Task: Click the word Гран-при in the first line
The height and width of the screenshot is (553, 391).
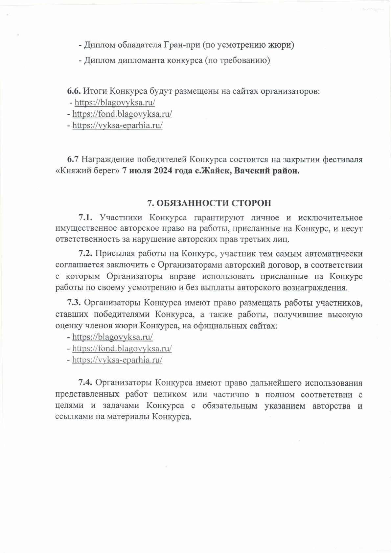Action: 182,45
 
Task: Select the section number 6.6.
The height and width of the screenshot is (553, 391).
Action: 74,91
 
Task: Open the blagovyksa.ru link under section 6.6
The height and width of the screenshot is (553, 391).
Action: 115,103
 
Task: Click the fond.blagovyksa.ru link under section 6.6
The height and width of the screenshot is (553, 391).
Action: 122,114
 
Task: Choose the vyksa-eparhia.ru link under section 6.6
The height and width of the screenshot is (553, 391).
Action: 117,125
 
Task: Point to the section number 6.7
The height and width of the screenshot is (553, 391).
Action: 73,159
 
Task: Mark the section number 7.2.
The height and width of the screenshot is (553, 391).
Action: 85,254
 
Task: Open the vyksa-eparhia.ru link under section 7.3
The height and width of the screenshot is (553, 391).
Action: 117,360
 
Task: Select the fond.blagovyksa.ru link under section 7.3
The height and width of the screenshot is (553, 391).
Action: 122,348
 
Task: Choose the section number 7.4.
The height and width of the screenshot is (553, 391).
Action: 85,383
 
